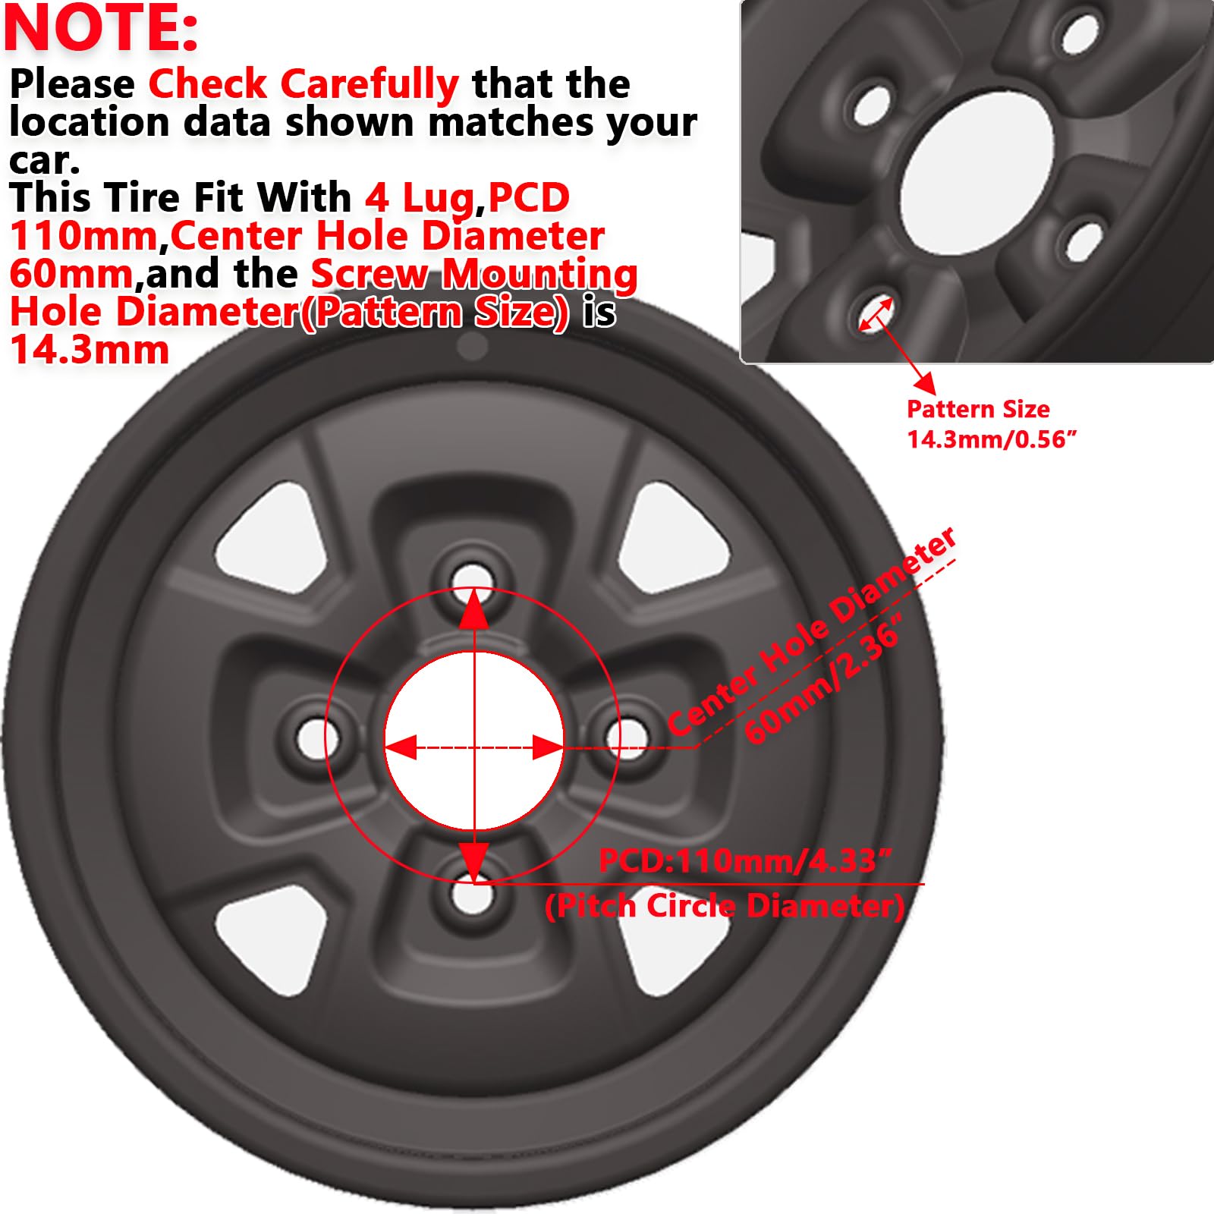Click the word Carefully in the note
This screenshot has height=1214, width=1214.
tap(370, 85)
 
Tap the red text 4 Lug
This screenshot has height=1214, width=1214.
tap(420, 198)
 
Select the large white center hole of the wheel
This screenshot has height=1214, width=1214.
tap(474, 741)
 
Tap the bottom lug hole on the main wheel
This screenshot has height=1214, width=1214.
tap(472, 895)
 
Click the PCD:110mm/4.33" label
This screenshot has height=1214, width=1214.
tap(744, 861)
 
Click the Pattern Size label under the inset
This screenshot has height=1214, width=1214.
tap(978, 409)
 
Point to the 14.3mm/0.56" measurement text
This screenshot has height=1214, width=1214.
tap(992, 439)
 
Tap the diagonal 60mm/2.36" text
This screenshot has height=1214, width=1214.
tap(824, 678)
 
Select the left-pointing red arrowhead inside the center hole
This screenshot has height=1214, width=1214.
tap(401, 747)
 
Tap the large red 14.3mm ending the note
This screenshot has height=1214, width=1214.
tap(90, 351)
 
